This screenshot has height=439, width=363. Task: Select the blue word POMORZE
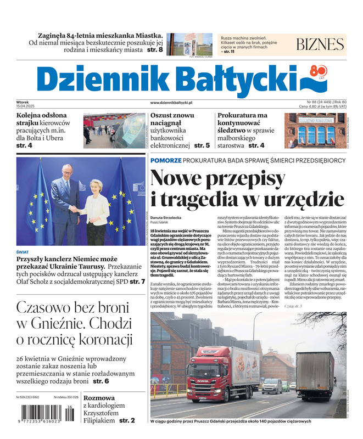(x=165, y=160)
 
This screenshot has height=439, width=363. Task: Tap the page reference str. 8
(x=153, y=50)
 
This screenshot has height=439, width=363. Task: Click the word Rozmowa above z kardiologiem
(x=99, y=398)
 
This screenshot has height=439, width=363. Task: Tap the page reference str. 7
(x=137, y=282)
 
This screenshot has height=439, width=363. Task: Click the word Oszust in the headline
(x=164, y=116)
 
